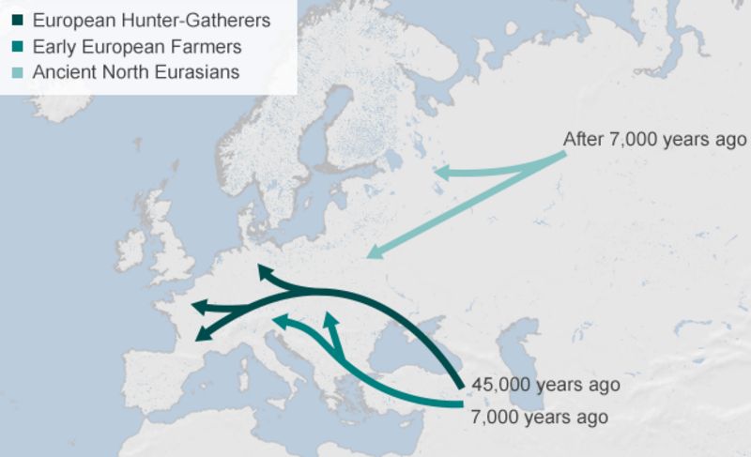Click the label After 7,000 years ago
click(x=654, y=140)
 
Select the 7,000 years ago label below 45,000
click(x=539, y=417)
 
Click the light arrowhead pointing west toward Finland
click(x=441, y=173)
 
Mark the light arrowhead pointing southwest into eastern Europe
click(x=374, y=251)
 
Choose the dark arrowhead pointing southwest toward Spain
click(x=202, y=335)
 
